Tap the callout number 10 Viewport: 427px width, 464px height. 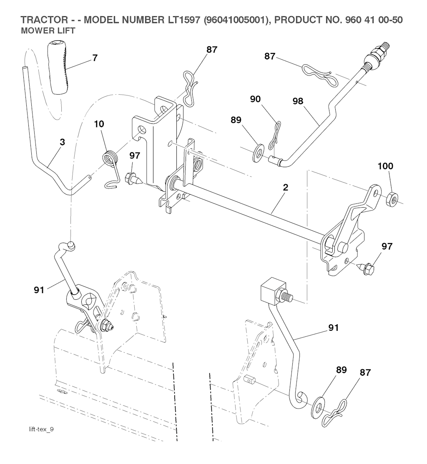pyautogui.click(x=99, y=124)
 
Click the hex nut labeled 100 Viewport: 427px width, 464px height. pyautogui.click(x=392, y=196)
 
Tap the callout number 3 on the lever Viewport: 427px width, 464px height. pyautogui.click(x=62, y=142)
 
